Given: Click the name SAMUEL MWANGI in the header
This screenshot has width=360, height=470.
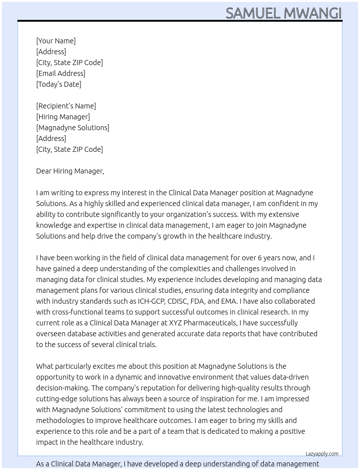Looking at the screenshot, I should point(283,13).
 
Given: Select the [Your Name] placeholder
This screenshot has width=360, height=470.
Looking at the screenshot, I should point(56,41).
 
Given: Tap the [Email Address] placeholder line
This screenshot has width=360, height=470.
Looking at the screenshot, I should point(61,73).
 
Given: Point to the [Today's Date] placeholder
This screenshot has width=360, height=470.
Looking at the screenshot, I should point(59,84).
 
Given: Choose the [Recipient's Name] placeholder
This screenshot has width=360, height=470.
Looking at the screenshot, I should point(66,106).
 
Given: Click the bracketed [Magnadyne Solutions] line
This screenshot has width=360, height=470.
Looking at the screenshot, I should point(73,128).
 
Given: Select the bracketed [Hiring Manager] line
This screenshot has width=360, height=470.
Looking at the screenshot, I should point(63,117).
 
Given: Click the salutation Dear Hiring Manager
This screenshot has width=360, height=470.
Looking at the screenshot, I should point(70,171).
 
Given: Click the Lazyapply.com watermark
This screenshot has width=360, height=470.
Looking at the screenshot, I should point(322,454).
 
